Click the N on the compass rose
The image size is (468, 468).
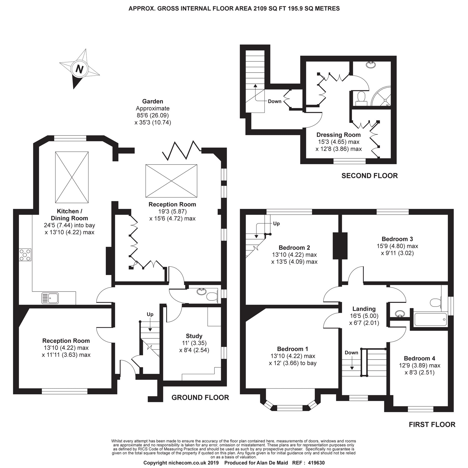[79, 69]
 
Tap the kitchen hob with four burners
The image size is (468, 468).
[25, 255]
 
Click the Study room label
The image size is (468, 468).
[194, 336]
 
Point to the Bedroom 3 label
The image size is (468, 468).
[397, 239]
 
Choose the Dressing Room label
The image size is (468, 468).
[338, 135]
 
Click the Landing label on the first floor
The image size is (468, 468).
[364, 309]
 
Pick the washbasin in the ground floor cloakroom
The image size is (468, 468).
[201, 292]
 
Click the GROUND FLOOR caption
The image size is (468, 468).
[200, 397]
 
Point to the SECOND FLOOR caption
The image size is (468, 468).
[369, 176]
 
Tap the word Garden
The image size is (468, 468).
[153, 101]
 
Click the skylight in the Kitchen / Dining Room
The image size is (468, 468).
[72, 177]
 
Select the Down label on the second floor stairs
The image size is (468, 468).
[275, 101]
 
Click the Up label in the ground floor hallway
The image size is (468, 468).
[150, 314]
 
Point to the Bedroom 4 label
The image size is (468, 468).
[419, 358]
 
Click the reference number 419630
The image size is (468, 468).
[316, 463]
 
